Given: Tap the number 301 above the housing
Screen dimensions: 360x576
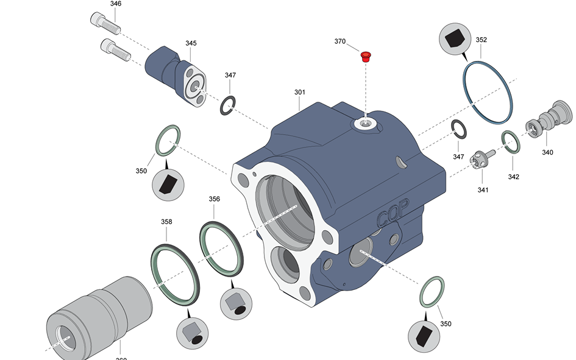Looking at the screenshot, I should [299, 93].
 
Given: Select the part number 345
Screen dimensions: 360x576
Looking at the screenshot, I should [191, 43].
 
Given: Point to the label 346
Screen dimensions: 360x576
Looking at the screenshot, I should [116, 4].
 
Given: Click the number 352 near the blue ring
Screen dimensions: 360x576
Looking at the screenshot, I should [481, 40].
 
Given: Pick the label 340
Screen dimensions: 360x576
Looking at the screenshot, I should [547, 152].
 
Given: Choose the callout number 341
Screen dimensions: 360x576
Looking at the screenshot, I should [483, 189].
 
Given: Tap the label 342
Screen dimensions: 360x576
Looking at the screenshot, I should [513, 177].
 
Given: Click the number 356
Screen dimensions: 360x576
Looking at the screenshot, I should [214, 199].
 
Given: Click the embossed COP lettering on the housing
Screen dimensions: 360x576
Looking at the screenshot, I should [393, 213].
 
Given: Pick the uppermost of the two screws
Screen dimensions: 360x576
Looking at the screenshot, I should [105, 23].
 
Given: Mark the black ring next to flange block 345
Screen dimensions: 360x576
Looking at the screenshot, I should [227, 105].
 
